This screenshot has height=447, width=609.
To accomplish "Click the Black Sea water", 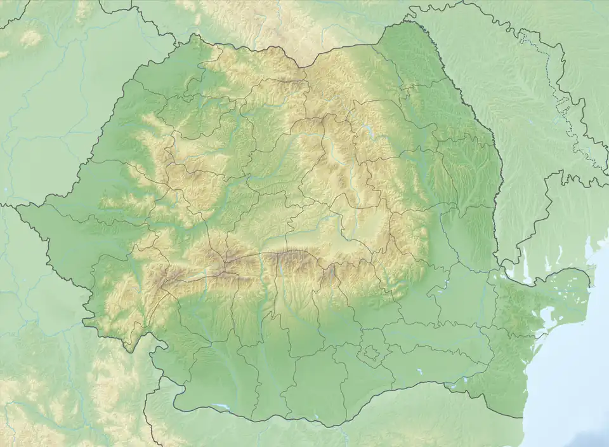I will click(x=571, y=381).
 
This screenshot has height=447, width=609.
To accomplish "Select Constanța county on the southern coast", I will click(x=507, y=375).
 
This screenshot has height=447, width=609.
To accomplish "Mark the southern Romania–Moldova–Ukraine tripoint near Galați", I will click(x=501, y=262).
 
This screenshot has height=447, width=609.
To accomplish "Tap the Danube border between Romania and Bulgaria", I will click(x=317, y=424).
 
